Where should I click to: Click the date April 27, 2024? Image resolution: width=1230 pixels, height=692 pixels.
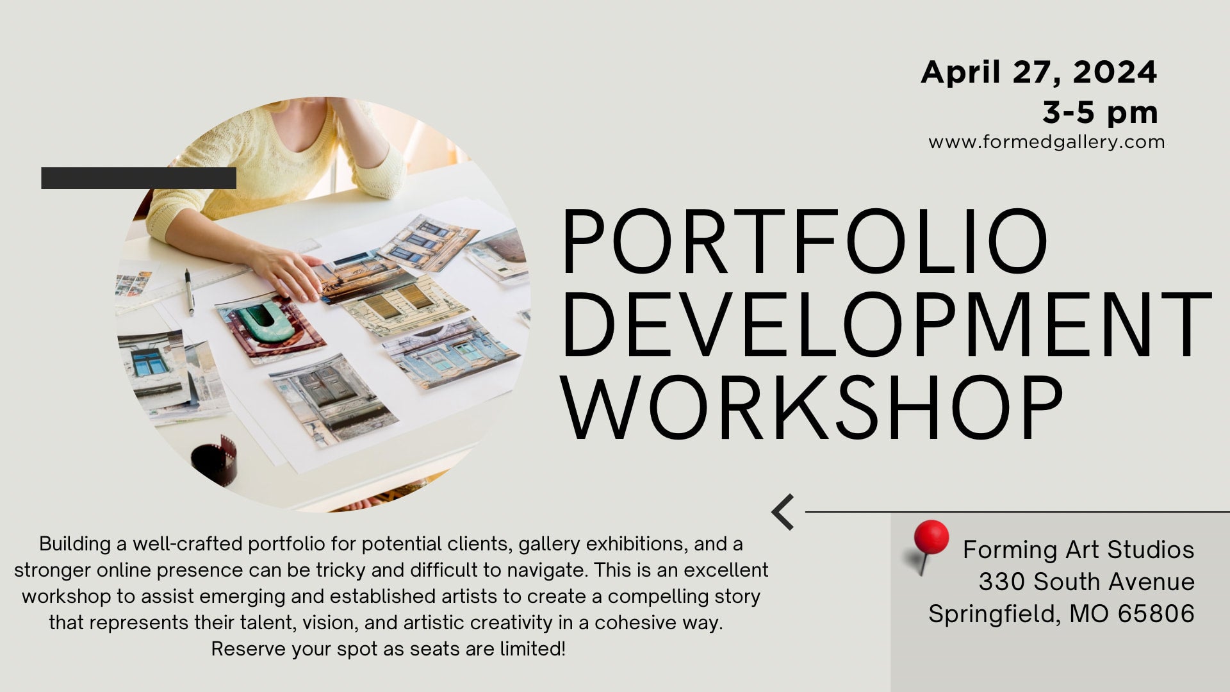pos(1038,72)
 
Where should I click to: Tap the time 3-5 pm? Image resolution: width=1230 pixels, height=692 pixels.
pos(1099,113)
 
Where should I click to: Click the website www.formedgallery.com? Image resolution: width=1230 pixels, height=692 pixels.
pos(1046,142)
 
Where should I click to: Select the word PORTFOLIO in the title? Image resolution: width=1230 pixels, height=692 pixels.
pos(804,243)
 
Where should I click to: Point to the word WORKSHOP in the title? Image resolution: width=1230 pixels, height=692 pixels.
pos(812,408)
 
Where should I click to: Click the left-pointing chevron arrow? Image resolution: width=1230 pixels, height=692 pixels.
pos(783,512)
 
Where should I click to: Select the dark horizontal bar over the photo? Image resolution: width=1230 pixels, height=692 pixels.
pos(138,178)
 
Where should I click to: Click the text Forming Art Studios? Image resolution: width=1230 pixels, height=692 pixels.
pos(1078,550)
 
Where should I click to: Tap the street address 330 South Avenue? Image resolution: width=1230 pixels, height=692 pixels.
pos(1086,582)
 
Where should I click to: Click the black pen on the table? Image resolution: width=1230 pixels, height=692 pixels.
pos(190,292)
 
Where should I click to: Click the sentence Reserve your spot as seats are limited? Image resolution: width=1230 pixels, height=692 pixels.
pos(388,649)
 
